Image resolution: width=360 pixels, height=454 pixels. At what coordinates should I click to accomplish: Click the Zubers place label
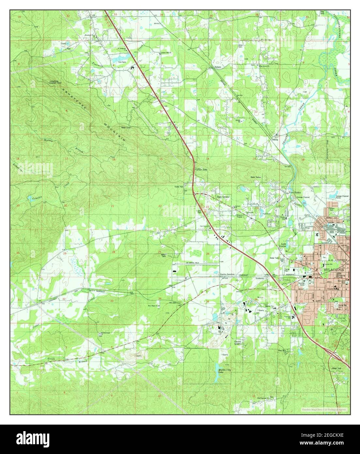(218, 67)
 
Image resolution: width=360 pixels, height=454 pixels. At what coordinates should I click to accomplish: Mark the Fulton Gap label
(201, 170)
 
